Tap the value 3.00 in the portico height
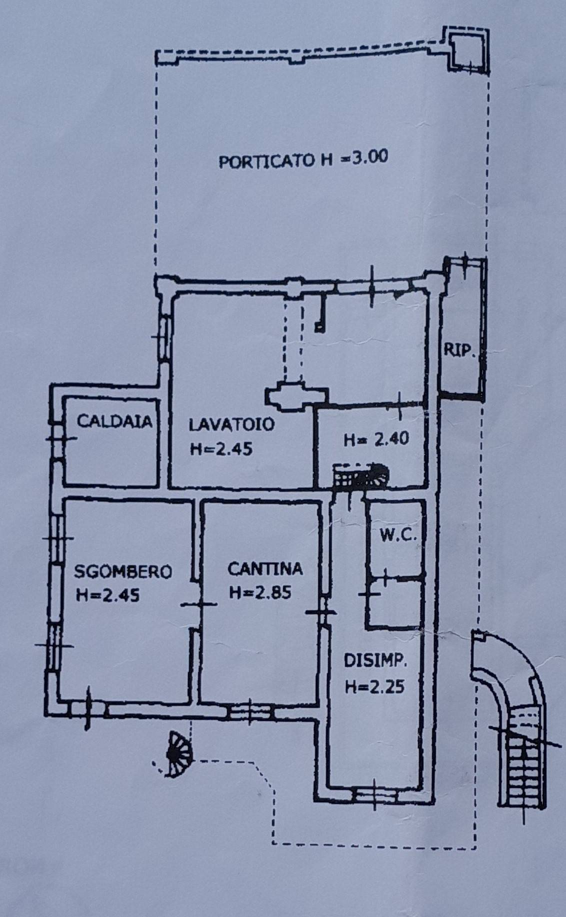point(367,157)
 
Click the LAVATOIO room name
point(232,425)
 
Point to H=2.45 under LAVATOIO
point(221,448)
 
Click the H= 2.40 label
point(377,439)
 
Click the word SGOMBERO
point(123,571)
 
